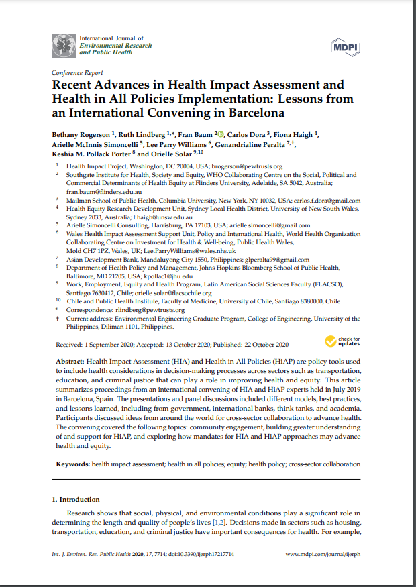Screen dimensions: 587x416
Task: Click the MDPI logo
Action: (345, 46)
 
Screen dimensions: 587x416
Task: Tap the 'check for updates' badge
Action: (342, 341)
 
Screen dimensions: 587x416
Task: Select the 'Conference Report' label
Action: (76, 72)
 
